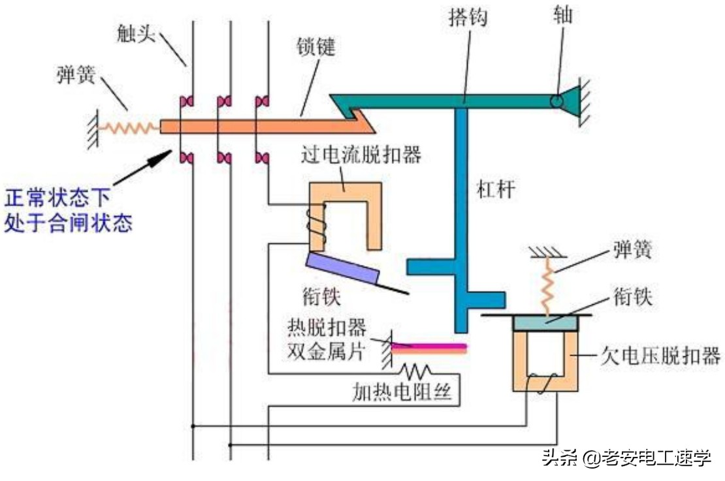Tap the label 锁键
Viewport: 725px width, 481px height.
(315, 47)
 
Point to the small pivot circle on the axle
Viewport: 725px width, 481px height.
(556, 102)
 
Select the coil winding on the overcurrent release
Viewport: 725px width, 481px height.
(316, 225)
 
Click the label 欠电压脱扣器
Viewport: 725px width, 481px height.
(660, 356)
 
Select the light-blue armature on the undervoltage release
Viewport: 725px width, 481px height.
(545, 322)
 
